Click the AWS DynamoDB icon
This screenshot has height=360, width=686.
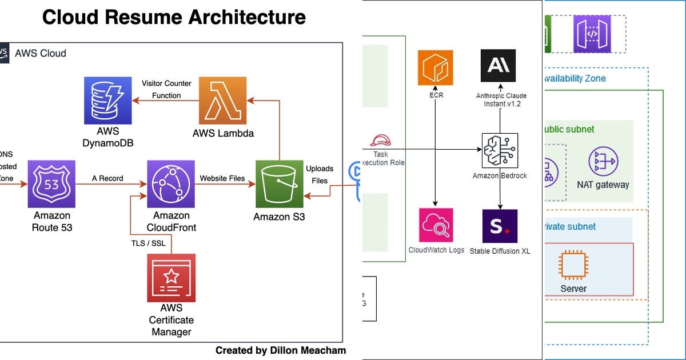(x=108, y=101)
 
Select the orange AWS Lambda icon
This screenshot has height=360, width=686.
(x=223, y=101)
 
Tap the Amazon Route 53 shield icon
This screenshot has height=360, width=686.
(x=51, y=183)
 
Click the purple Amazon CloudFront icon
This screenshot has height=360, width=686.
(x=171, y=183)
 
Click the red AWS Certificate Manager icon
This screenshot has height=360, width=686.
(x=171, y=278)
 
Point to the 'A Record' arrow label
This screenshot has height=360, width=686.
(x=107, y=178)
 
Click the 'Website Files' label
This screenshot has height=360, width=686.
(x=222, y=178)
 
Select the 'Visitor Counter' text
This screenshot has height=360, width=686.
(x=166, y=83)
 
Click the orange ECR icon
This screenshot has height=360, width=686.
(x=435, y=67)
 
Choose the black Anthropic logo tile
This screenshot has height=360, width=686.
(x=498, y=67)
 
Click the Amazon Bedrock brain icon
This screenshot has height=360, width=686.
(x=500, y=150)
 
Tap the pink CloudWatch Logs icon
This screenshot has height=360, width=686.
(x=436, y=225)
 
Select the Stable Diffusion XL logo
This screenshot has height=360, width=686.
(x=500, y=226)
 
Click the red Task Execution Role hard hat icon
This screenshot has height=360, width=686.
(x=380, y=141)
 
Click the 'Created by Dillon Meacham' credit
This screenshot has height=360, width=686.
(x=280, y=350)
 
